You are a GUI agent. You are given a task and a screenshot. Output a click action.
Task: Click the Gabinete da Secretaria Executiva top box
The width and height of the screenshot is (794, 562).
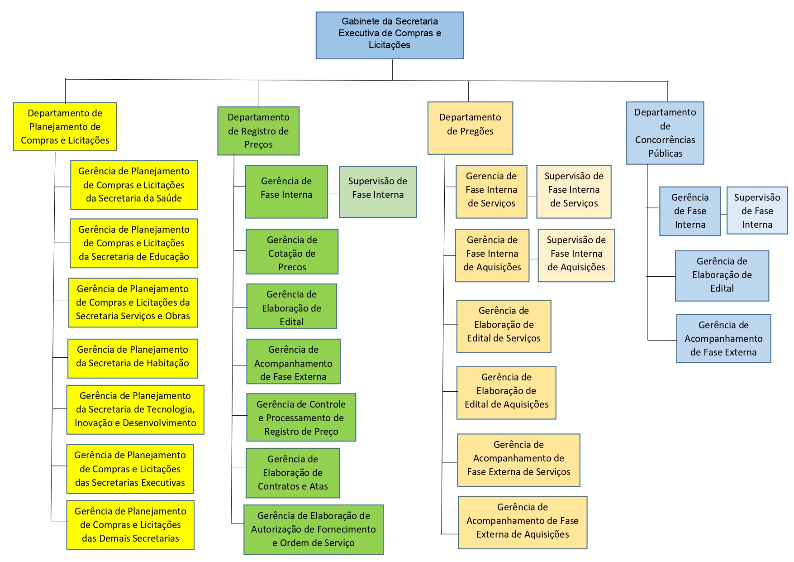(389, 35)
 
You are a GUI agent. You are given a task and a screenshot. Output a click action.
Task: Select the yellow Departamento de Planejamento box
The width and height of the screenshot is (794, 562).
(65, 127)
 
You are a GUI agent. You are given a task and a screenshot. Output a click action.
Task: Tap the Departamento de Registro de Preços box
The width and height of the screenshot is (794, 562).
(258, 131)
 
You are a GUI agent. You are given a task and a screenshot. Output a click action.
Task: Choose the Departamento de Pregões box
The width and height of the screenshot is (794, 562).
(470, 128)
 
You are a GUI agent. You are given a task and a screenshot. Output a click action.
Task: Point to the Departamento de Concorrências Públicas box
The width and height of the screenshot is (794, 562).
(665, 133)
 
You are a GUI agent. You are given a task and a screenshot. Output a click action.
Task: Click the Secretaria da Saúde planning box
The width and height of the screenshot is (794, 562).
(134, 185)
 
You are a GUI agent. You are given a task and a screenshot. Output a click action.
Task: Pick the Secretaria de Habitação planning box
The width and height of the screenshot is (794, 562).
(133, 358)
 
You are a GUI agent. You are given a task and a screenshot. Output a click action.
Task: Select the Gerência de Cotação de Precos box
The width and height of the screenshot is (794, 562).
(292, 252)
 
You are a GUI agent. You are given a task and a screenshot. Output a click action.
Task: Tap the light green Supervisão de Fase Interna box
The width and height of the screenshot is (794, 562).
(378, 192)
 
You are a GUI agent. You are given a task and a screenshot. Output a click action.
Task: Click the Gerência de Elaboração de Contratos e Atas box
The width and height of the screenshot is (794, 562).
(293, 473)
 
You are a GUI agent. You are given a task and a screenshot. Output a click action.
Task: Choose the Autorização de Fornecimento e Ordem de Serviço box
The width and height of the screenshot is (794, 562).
(313, 529)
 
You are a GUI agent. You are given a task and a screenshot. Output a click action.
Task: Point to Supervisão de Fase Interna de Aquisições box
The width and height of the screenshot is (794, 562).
(576, 255)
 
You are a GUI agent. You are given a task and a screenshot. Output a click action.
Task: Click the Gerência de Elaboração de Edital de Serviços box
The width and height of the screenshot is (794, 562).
(504, 326)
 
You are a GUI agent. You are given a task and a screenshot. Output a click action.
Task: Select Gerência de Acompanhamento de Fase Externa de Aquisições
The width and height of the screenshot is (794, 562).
(522, 523)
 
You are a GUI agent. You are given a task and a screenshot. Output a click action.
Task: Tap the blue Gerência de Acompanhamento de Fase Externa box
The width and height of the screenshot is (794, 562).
(723, 338)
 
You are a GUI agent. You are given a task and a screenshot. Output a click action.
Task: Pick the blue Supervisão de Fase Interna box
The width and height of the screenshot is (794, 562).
(757, 211)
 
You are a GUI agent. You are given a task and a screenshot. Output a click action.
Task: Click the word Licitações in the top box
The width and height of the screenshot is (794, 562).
(389, 45)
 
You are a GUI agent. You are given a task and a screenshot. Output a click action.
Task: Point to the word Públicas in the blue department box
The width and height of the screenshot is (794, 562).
(665, 154)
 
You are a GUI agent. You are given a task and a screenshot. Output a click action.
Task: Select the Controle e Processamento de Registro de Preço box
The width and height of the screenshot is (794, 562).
(301, 418)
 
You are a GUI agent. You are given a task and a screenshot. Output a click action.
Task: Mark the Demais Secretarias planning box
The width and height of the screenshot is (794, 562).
(130, 525)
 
